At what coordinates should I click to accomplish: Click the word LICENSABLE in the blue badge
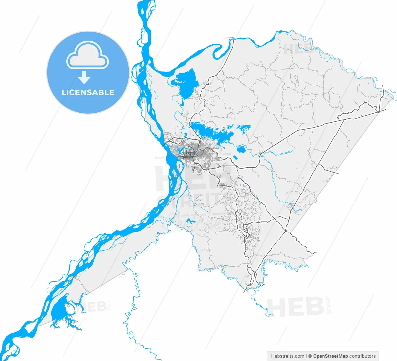pos(88,92)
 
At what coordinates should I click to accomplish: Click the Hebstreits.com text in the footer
pos(288,356)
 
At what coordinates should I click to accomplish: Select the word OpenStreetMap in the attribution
pos(330,356)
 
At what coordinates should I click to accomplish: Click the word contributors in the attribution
pos(363,356)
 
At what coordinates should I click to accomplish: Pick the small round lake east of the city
pos(241,150)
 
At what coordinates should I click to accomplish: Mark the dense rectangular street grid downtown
pos(189,153)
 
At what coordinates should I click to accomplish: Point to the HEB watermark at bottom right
pos(295,306)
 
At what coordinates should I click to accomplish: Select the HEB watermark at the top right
pos(298,49)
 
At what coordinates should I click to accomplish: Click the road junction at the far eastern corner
pos(379,111)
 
